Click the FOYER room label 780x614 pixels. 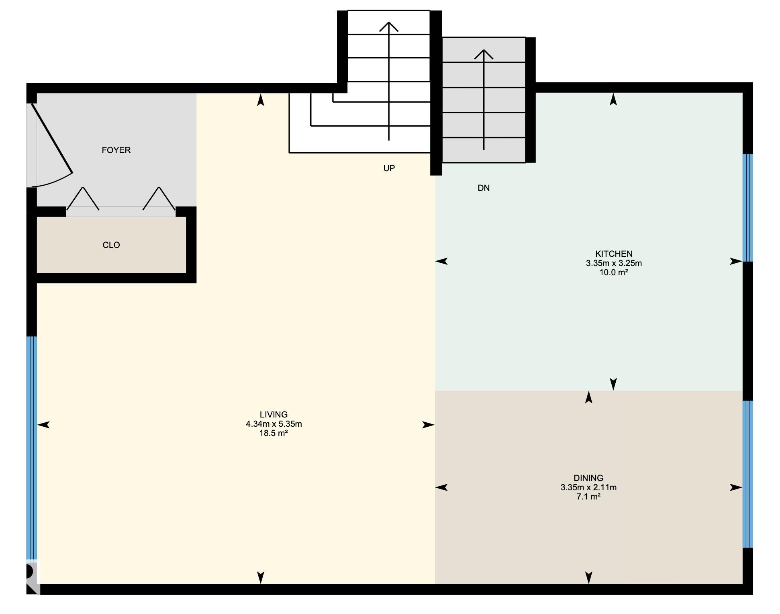click(116, 150)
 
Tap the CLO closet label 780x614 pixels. click(111, 245)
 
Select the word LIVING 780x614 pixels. click(274, 414)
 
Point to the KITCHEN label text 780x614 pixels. click(614, 254)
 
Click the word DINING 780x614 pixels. click(588, 478)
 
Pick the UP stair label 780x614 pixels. click(389, 168)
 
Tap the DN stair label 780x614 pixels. click(484, 188)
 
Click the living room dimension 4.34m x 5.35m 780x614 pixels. click(274, 424)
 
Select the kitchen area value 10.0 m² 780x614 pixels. click(614, 272)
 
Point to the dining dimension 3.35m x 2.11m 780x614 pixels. click(588, 487)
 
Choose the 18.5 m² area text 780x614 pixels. click(274, 433)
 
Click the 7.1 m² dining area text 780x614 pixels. click(588, 497)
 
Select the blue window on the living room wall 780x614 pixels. click(32, 448)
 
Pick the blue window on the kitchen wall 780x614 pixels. click(747, 208)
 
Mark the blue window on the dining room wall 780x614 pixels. click(747, 474)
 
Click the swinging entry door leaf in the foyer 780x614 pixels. click(52, 138)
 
